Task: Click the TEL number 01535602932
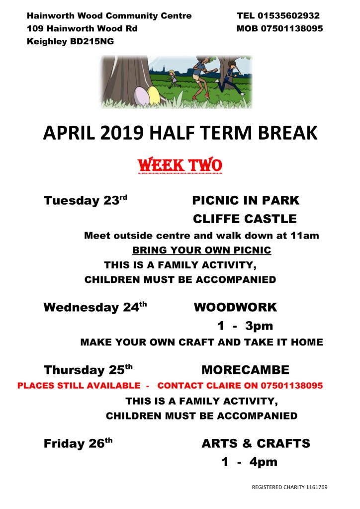(288, 15)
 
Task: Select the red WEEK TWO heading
(180, 165)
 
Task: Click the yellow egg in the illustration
(154, 95)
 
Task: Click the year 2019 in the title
(122, 132)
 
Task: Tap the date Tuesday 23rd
(86, 200)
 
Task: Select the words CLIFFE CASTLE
(245, 219)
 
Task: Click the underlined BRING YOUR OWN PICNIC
(201, 250)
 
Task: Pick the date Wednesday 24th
(95, 307)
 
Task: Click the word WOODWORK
(235, 307)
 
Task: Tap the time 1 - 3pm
(245, 326)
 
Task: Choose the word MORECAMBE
(246, 370)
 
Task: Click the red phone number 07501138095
(292, 385)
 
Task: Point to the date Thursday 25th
(88, 369)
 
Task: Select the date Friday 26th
(78, 443)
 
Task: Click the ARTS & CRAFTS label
(256, 443)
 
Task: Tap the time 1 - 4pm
(249, 462)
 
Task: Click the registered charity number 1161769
(317, 487)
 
